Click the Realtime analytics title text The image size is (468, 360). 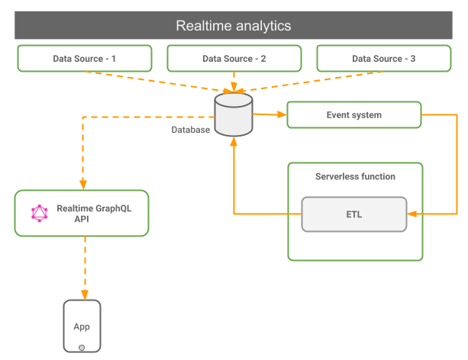(234, 26)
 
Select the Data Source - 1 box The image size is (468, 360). (85, 59)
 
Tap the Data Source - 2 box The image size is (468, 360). (234, 59)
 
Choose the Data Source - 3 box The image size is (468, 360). (384, 59)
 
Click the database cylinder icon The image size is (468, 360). (234, 114)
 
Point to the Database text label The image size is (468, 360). (190, 130)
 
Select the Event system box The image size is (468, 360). (354, 115)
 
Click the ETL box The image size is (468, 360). (354, 214)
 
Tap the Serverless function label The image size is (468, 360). (355, 177)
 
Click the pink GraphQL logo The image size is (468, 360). (40, 214)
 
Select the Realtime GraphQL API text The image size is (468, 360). (94, 214)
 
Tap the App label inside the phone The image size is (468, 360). (82, 327)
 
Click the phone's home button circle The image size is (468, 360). (82, 348)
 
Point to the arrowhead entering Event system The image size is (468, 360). (282, 114)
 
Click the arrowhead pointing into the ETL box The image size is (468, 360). (412, 214)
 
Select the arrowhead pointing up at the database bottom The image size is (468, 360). (234, 141)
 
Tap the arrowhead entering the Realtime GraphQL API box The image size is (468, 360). (83, 185)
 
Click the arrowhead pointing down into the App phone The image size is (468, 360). (85, 294)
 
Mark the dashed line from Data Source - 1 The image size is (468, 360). (157, 82)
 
